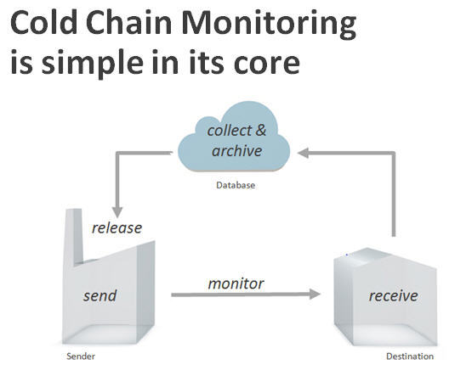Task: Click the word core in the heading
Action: tap(267, 65)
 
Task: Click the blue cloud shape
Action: tap(234, 138)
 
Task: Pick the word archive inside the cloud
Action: tap(236, 150)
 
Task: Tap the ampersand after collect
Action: tap(260, 131)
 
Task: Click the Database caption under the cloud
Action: tap(236, 185)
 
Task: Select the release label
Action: tap(117, 228)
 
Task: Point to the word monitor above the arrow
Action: tap(236, 283)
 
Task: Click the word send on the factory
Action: tap(100, 295)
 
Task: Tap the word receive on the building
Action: tap(393, 295)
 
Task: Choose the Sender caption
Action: tap(81, 356)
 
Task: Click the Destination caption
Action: tap(410, 356)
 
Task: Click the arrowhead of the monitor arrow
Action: tap(315, 295)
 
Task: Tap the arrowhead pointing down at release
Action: tap(117, 212)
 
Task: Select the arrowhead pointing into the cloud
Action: tap(303, 153)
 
